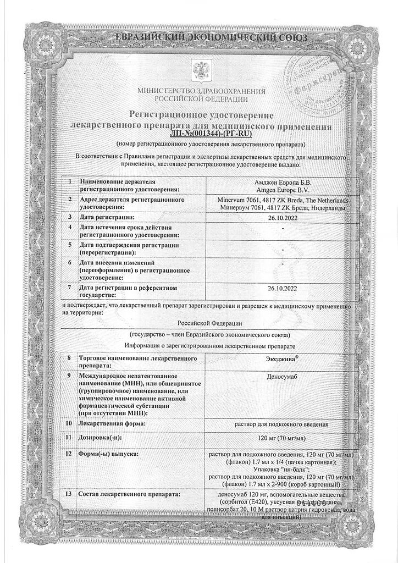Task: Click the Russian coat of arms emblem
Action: pyautogui.click(x=198, y=70)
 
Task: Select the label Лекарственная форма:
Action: pyautogui.click(x=114, y=424)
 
